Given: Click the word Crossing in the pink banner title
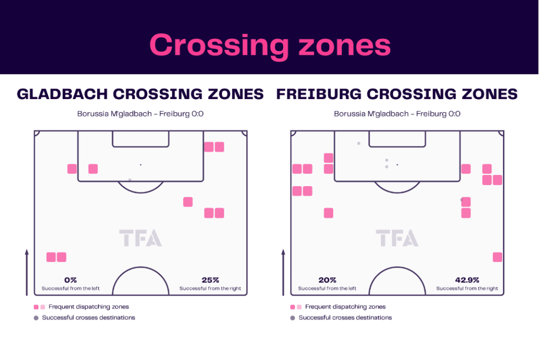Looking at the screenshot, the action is coord(219,46).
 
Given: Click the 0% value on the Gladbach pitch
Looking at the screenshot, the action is coord(71,280).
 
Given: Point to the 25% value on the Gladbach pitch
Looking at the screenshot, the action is coord(210,280).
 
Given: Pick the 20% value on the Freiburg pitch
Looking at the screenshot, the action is coord(327,280).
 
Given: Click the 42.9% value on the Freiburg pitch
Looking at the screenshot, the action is coord(467,280).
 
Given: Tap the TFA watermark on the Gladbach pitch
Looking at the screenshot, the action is coord(140,238).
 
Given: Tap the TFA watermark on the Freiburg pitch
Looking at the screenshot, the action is coord(397,238).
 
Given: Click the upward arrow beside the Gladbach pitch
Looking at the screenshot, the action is coord(26,273).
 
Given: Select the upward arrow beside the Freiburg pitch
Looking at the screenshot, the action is coord(283,273).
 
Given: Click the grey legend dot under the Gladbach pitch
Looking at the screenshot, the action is coord(36,318).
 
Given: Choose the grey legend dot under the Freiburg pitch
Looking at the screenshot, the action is coord(293,318).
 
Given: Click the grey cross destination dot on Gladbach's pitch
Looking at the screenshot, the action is coord(130,180).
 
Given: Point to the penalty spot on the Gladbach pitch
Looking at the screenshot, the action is coord(140,165).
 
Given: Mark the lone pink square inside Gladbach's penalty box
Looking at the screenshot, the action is coord(93,169).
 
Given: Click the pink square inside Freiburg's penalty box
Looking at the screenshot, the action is coord(466,169).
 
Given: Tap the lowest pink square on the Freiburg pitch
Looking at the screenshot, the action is coord(497,257).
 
